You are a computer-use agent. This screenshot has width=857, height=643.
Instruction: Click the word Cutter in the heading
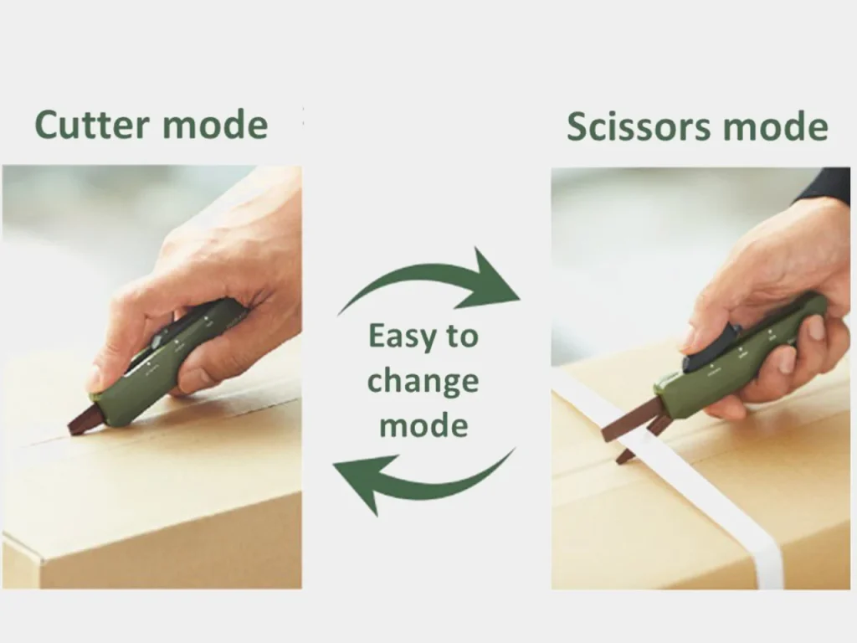(92, 125)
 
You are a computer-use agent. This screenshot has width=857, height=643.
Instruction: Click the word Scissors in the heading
(639, 126)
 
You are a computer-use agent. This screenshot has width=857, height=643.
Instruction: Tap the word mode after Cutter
(215, 125)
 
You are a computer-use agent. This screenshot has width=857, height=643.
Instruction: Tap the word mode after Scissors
(776, 126)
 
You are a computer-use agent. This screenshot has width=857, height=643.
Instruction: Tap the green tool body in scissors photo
(743, 355)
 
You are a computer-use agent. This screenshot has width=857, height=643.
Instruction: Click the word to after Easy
(463, 337)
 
